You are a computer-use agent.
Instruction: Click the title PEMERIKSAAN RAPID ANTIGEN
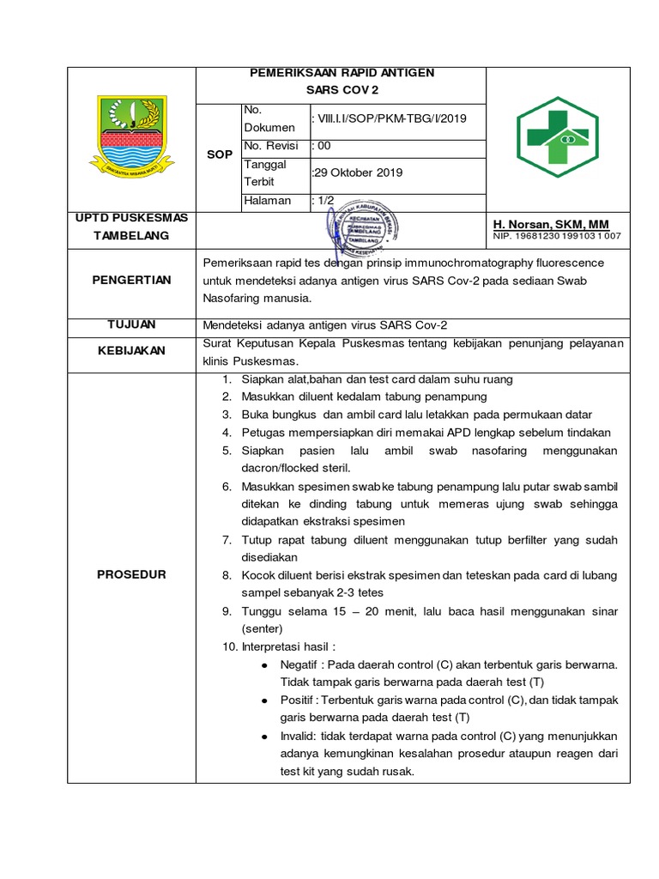click(x=342, y=73)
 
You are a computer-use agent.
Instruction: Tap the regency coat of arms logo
click(x=131, y=137)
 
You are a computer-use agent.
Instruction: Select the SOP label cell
click(x=220, y=155)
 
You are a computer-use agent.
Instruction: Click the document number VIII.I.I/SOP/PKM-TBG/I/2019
click(x=391, y=119)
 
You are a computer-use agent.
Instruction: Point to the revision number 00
click(x=323, y=146)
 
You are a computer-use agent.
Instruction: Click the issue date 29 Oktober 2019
click(x=357, y=173)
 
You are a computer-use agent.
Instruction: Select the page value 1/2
click(x=323, y=201)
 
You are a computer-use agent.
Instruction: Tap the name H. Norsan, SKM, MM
click(x=551, y=224)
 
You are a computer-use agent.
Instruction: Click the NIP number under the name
click(x=557, y=236)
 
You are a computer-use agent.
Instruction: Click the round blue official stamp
click(x=366, y=227)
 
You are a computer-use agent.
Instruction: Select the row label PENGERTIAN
click(x=133, y=280)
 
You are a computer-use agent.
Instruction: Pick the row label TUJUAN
click(x=132, y=324)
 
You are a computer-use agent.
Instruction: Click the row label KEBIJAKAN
click(x=132, y=350)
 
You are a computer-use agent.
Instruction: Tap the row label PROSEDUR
click(x=132, y=574)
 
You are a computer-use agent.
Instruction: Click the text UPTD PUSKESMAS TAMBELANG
click(x=132, y=226)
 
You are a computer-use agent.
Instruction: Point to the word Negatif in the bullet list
click(x=299, y=664)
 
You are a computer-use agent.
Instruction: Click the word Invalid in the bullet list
click(x=298, y=737)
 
